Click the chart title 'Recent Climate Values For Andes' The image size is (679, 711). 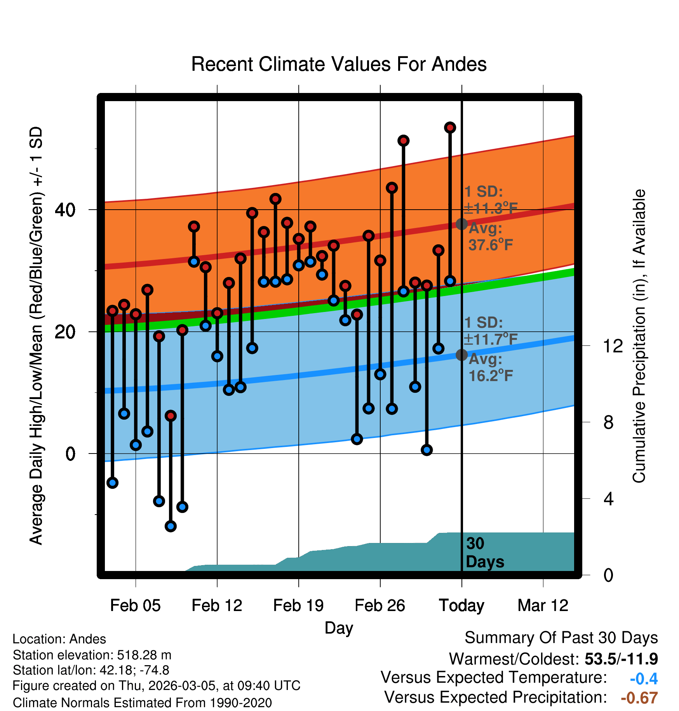pos(339,64)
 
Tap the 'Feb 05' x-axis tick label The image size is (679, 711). pos(135,606)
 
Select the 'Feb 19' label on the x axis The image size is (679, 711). pos(298,606)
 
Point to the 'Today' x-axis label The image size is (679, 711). pos(461,606)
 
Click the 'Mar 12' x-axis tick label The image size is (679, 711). pos(543,606)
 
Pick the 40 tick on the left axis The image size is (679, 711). pos(65,210)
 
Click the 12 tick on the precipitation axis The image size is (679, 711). pos(613,346)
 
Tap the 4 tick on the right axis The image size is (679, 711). pos(609,499)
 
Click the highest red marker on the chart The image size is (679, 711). pos(450,128)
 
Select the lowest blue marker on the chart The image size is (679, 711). pos(171,526)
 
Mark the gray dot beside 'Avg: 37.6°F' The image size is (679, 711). pos(461,224)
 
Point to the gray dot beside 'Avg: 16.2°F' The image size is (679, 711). pos(461,355)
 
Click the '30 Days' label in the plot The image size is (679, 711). pos(484,553)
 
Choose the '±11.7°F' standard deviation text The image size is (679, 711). pos(491,340)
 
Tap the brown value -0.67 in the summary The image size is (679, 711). pos(639,698)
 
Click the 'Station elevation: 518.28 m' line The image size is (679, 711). pos(92,655)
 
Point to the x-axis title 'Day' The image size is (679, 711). pos(339,628)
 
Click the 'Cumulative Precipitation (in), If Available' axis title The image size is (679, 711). pos(639,336)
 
